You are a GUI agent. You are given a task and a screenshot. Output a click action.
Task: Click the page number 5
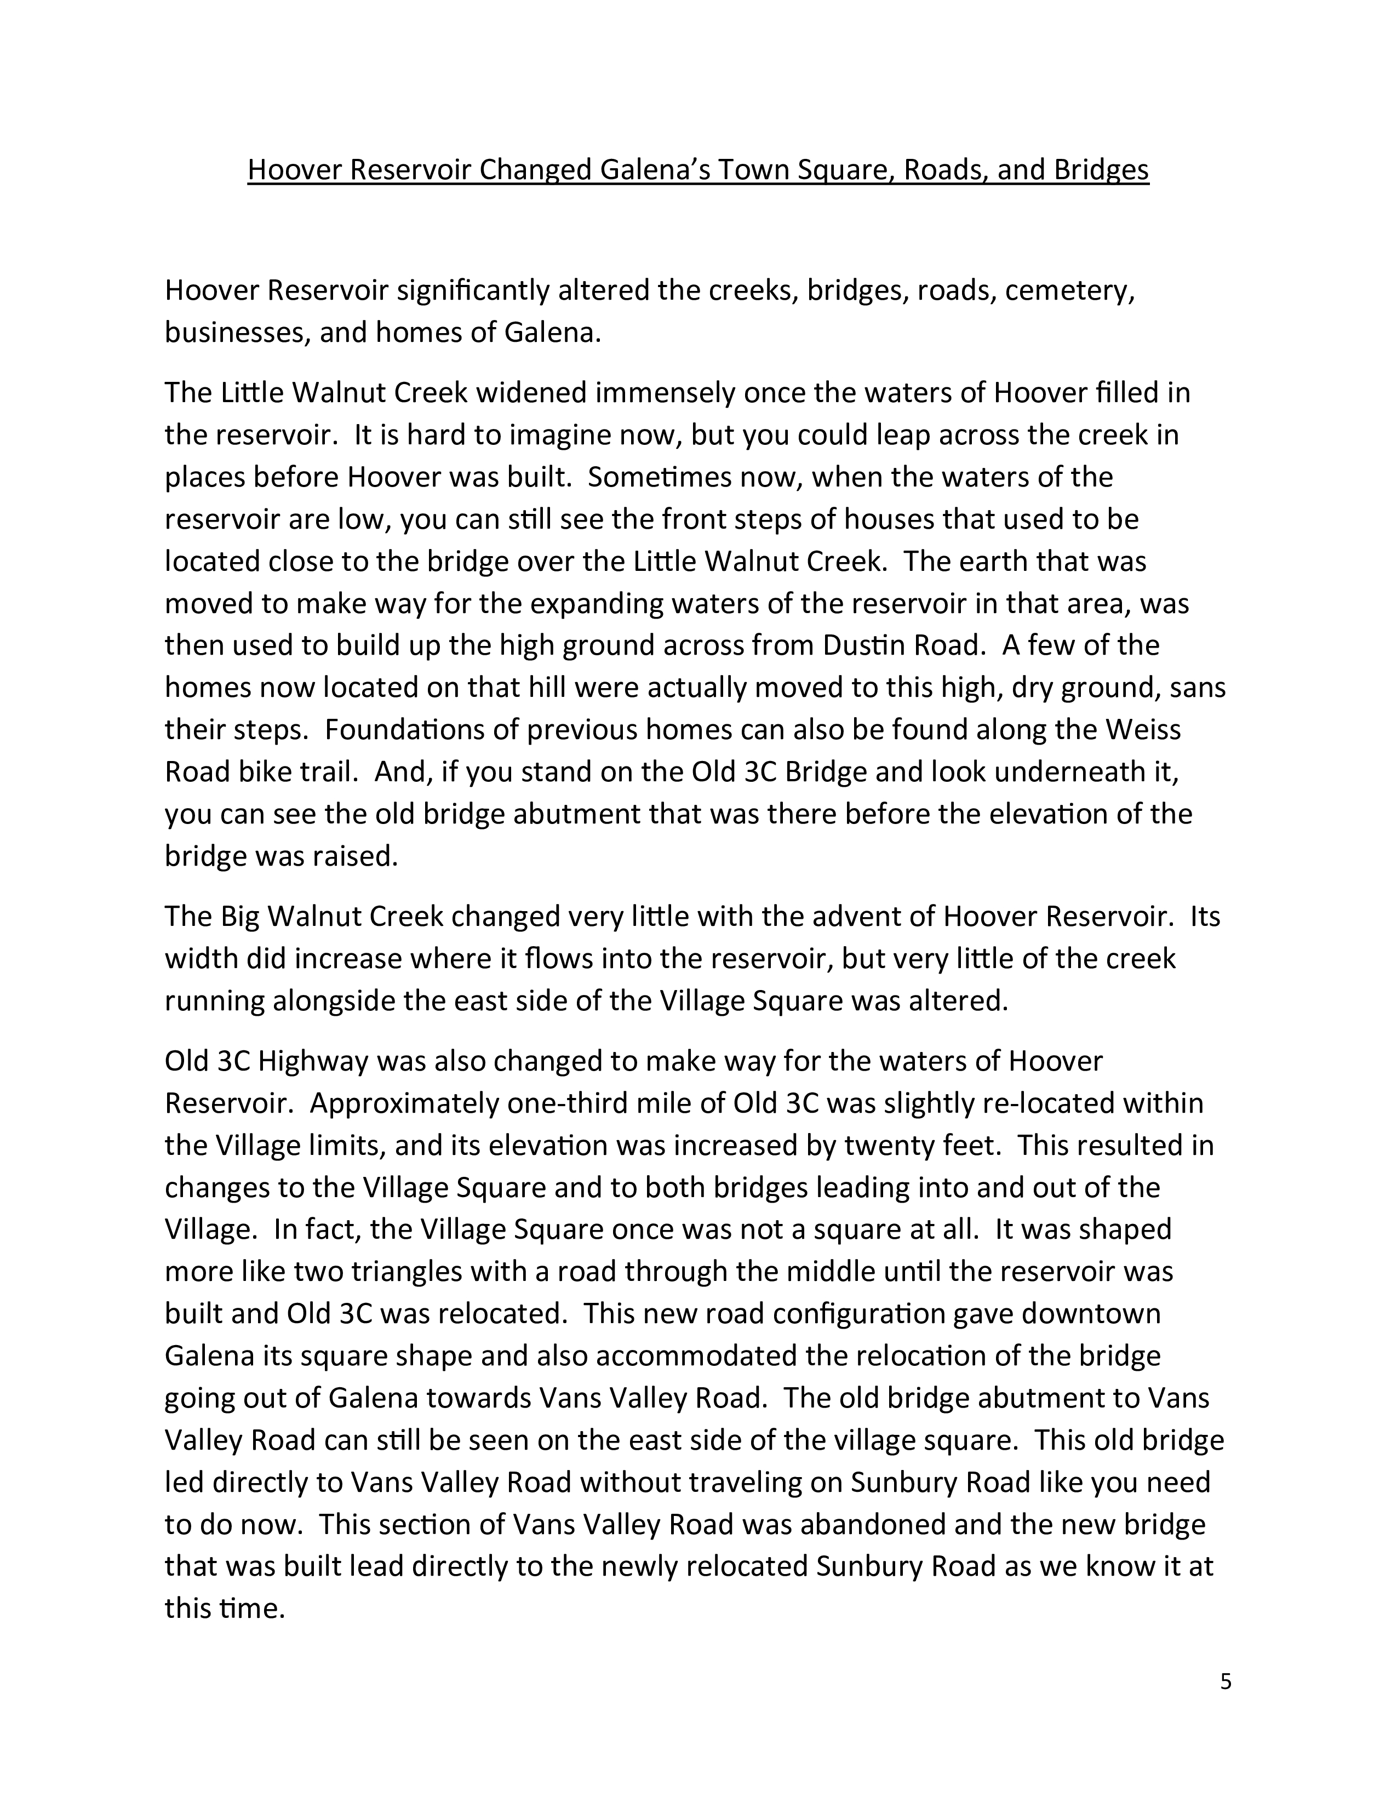(x=1226, y=1681)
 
